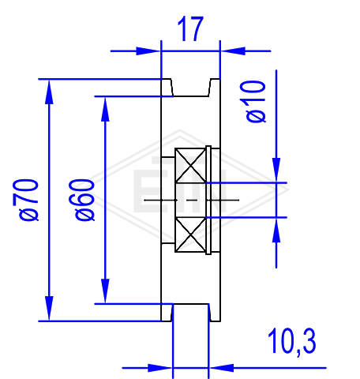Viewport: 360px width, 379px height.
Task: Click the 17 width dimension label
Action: (x=190, y=29)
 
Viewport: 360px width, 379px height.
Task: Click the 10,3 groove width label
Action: (x=292, y=342)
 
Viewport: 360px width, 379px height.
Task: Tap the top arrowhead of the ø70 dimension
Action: (x=49, y=92)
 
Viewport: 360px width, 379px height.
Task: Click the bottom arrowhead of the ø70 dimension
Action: (x=49, y=309)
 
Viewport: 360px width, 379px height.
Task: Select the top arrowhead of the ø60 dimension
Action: (x=105, y=109)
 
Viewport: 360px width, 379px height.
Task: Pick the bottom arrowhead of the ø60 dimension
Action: (x=105, y=291)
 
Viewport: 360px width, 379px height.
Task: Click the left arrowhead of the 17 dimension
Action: (x=148, y=51)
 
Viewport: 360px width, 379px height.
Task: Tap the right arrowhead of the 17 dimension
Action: (x=233, y=51)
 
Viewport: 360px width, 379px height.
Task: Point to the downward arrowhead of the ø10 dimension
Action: (x=276, y=170)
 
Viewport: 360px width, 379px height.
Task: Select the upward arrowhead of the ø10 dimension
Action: (x=276, y=230)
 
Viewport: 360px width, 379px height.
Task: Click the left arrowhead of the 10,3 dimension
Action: (x=160, y=368)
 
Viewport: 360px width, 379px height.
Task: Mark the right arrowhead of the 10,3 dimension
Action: (x=222, y=368)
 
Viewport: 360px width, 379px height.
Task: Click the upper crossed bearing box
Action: (x=190, y=165)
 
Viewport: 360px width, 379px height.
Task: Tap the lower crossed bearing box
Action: (x=190, y=235)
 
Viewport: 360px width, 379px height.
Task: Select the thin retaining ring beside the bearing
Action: (x=208, y=200)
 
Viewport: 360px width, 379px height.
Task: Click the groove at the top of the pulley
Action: (x=191, y=88)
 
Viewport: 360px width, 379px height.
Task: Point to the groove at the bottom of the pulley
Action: (x=191, y=313)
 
